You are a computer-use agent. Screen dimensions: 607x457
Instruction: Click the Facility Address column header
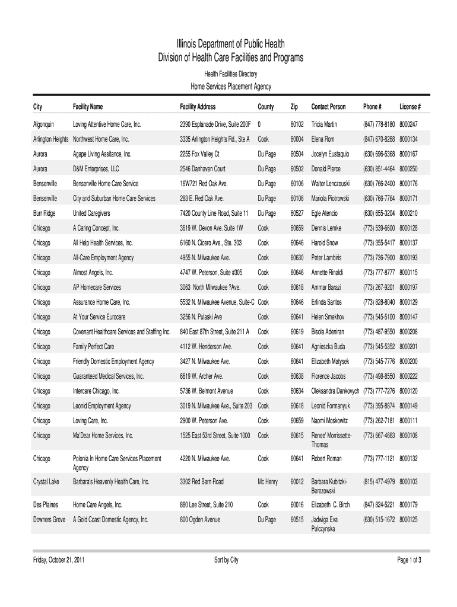(198, 107)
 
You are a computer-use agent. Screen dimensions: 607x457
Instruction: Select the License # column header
(410, 107)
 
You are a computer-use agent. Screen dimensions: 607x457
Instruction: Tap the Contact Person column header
(328, 107)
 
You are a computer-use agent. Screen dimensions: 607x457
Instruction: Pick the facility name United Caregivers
(91, 213)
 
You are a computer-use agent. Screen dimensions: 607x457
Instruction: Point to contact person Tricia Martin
(324, 124)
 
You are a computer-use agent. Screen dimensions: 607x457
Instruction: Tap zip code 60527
(297, 213)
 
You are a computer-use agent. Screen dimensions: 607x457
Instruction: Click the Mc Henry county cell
(268, 482)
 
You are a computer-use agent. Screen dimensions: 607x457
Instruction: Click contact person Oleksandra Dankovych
(335, 391)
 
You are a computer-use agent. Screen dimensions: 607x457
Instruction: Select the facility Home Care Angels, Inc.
(97, 504)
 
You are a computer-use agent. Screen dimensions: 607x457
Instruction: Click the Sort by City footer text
(226, 560)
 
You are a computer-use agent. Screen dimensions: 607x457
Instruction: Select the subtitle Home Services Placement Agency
(230, 87)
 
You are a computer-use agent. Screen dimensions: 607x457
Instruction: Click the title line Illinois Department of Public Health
(230, 44)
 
